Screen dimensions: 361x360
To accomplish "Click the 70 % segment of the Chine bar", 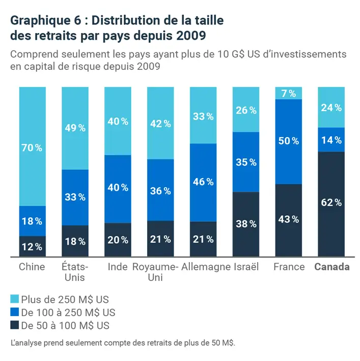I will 32,147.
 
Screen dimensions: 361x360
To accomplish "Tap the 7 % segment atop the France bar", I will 289,93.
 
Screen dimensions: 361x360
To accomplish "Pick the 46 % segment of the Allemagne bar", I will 203,182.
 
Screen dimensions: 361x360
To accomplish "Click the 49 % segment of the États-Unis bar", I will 75,128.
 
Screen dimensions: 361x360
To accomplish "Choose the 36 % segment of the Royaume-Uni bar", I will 160,190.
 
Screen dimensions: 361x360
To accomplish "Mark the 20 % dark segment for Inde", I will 118,240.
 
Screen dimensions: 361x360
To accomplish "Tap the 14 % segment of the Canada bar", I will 331,140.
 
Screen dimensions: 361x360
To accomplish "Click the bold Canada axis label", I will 332,267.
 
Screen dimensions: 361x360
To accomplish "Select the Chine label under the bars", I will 32,267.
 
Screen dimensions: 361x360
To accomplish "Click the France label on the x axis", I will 289,267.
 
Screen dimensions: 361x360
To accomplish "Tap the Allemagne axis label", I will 206,267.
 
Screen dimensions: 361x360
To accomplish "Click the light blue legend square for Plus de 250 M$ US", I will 14,299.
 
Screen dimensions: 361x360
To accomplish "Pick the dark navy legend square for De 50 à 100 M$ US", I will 14,325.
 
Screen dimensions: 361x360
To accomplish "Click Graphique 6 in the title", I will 41,21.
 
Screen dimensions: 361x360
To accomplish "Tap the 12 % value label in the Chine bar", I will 32,247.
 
